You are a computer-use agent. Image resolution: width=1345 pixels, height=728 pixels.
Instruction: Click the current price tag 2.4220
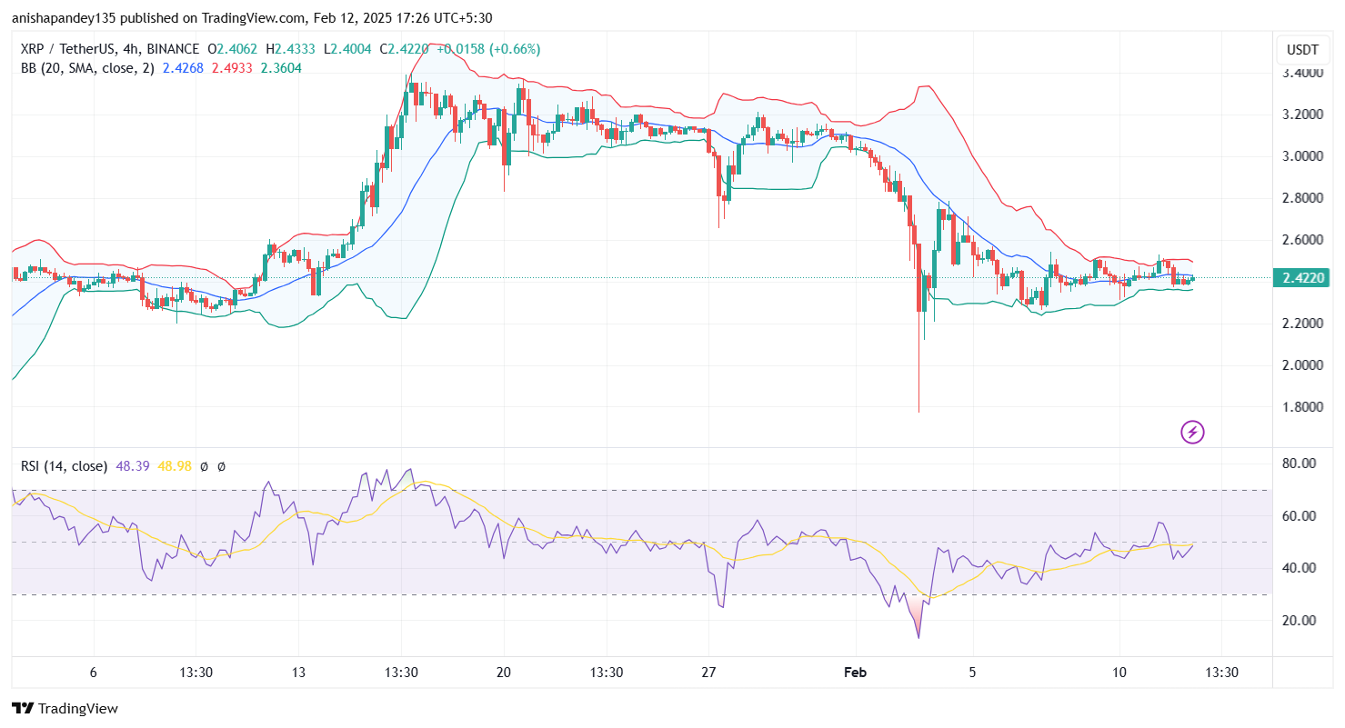click(x=1303, y=278)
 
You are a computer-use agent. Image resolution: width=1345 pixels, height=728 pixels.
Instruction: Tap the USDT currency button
click(x=1303, y=49)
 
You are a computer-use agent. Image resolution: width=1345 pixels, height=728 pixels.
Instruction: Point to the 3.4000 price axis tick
click(x=1302, y=73)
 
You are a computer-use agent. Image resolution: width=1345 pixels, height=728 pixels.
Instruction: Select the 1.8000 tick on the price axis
click(x=1302, y=407)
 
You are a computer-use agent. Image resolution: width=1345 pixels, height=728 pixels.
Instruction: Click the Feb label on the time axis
click(x=856, y=673)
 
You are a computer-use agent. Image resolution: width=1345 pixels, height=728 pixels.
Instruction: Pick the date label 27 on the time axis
click(x=709, y=673)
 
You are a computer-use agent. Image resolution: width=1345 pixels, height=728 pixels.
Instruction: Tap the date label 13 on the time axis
click(x=298, y=673)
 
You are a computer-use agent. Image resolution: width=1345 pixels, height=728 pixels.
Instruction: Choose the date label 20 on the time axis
click(x=504, y=673)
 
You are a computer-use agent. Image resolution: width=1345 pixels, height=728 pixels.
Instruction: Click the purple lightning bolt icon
click(x=1191, y=432)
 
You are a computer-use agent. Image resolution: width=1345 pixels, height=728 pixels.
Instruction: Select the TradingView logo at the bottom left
click(x=65, y=708)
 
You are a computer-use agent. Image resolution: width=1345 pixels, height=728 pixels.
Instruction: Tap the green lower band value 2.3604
click(x=282, y=68)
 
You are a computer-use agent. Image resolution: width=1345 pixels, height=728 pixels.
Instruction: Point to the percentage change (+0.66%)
click(x=515, y=49)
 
